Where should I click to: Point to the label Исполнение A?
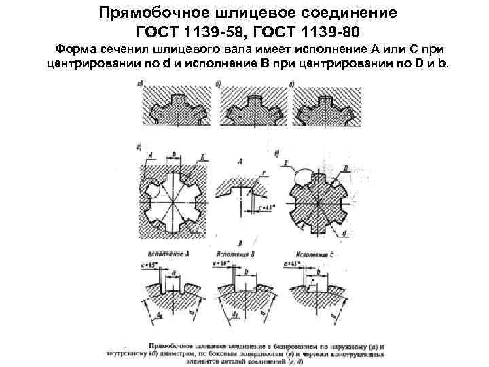166,252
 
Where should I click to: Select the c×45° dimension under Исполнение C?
293,262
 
